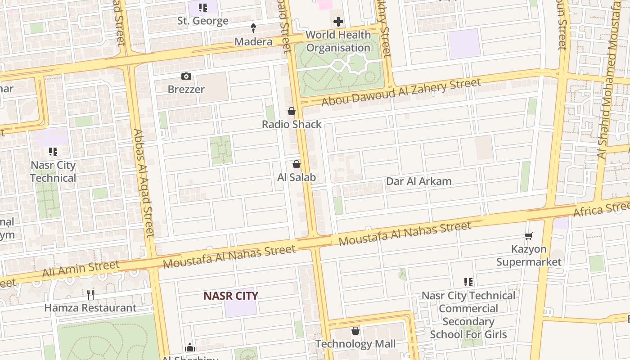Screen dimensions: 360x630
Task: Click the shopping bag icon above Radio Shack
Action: pos(292,111)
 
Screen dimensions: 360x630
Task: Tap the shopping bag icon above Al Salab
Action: pos(297,164)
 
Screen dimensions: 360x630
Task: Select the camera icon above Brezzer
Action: pos(186,76)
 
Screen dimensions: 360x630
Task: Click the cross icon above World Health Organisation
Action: pos(338,22)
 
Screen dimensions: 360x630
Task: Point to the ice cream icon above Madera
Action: pos(253,28)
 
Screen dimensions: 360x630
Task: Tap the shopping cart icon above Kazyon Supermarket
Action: pos(529,236)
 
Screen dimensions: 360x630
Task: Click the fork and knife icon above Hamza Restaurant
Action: pos(90,295)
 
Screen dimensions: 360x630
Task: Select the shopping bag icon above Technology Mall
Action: pos(355,331)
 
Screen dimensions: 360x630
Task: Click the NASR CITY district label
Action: pos(230,296)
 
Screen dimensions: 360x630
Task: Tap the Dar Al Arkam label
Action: pos(418,181)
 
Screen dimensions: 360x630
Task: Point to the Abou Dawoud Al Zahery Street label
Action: pos(401,92)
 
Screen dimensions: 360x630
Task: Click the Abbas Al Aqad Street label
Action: pos(144,183)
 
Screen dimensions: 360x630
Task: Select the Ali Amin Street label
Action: pos(81,269)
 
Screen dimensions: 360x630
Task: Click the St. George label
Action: pos(202,21)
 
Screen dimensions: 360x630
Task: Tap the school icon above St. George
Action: pos(203,8)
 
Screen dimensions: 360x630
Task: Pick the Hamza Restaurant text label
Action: pos(90,308)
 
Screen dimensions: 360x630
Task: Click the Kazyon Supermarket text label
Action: pos(529,256)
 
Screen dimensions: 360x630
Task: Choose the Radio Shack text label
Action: pos(292,124)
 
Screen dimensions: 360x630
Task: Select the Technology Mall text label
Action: pos(355,344)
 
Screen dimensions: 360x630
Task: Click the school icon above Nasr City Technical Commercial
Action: pos(468,282)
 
